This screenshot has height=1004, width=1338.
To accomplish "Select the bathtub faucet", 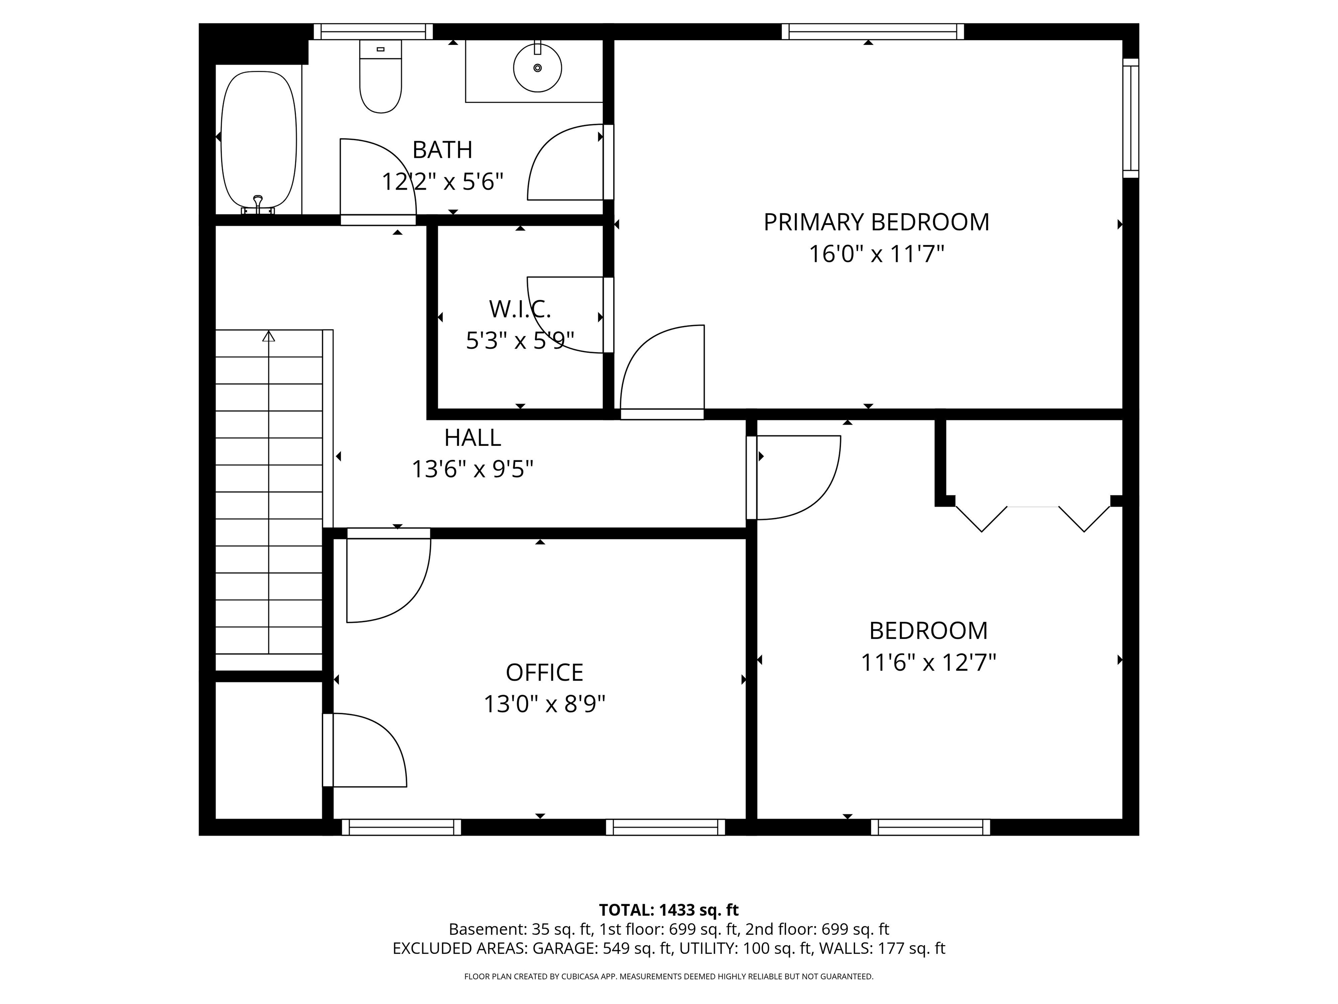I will coord(258,204).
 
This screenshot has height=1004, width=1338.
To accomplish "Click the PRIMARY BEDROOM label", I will coord(876,222).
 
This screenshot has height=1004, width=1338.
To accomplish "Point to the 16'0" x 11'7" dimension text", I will coord(876,254).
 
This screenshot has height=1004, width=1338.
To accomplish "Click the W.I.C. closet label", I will coord(520,309).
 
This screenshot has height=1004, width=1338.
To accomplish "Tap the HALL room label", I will coord(473,438).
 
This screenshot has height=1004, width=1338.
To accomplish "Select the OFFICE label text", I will coord(544,672).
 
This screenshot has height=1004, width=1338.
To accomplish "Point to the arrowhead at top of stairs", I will coord(269,336).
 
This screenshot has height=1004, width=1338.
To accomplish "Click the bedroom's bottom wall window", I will coord(930,827).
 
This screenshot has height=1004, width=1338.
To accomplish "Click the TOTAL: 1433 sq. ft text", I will coord(669,909).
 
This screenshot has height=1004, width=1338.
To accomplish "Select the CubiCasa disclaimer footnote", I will coord(669,976).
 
